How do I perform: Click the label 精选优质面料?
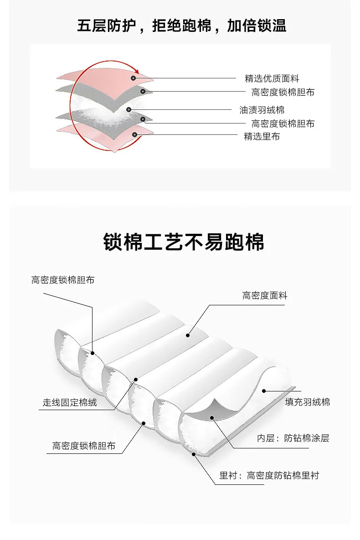[272, 78]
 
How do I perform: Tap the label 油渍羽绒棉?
[262, 110]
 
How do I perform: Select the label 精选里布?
[262, 136]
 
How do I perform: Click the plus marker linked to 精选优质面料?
[134, 78]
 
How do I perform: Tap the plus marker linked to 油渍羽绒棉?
[129, 109]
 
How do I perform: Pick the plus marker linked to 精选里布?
[135, 134]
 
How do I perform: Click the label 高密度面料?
[265, 295]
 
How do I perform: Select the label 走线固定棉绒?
[70, 402]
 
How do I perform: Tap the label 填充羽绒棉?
[307, 402]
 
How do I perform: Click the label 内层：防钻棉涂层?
[293, 438]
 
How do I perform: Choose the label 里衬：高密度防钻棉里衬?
[269, 476]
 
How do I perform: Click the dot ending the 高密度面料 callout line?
[188, 335]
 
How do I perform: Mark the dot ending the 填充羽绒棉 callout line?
[264, 391]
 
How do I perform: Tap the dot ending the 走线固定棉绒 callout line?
[136, 380]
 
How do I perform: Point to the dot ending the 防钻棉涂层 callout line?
[212, 418]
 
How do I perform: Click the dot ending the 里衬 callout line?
[194, 454]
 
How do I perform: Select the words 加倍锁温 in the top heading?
[257, 26]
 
